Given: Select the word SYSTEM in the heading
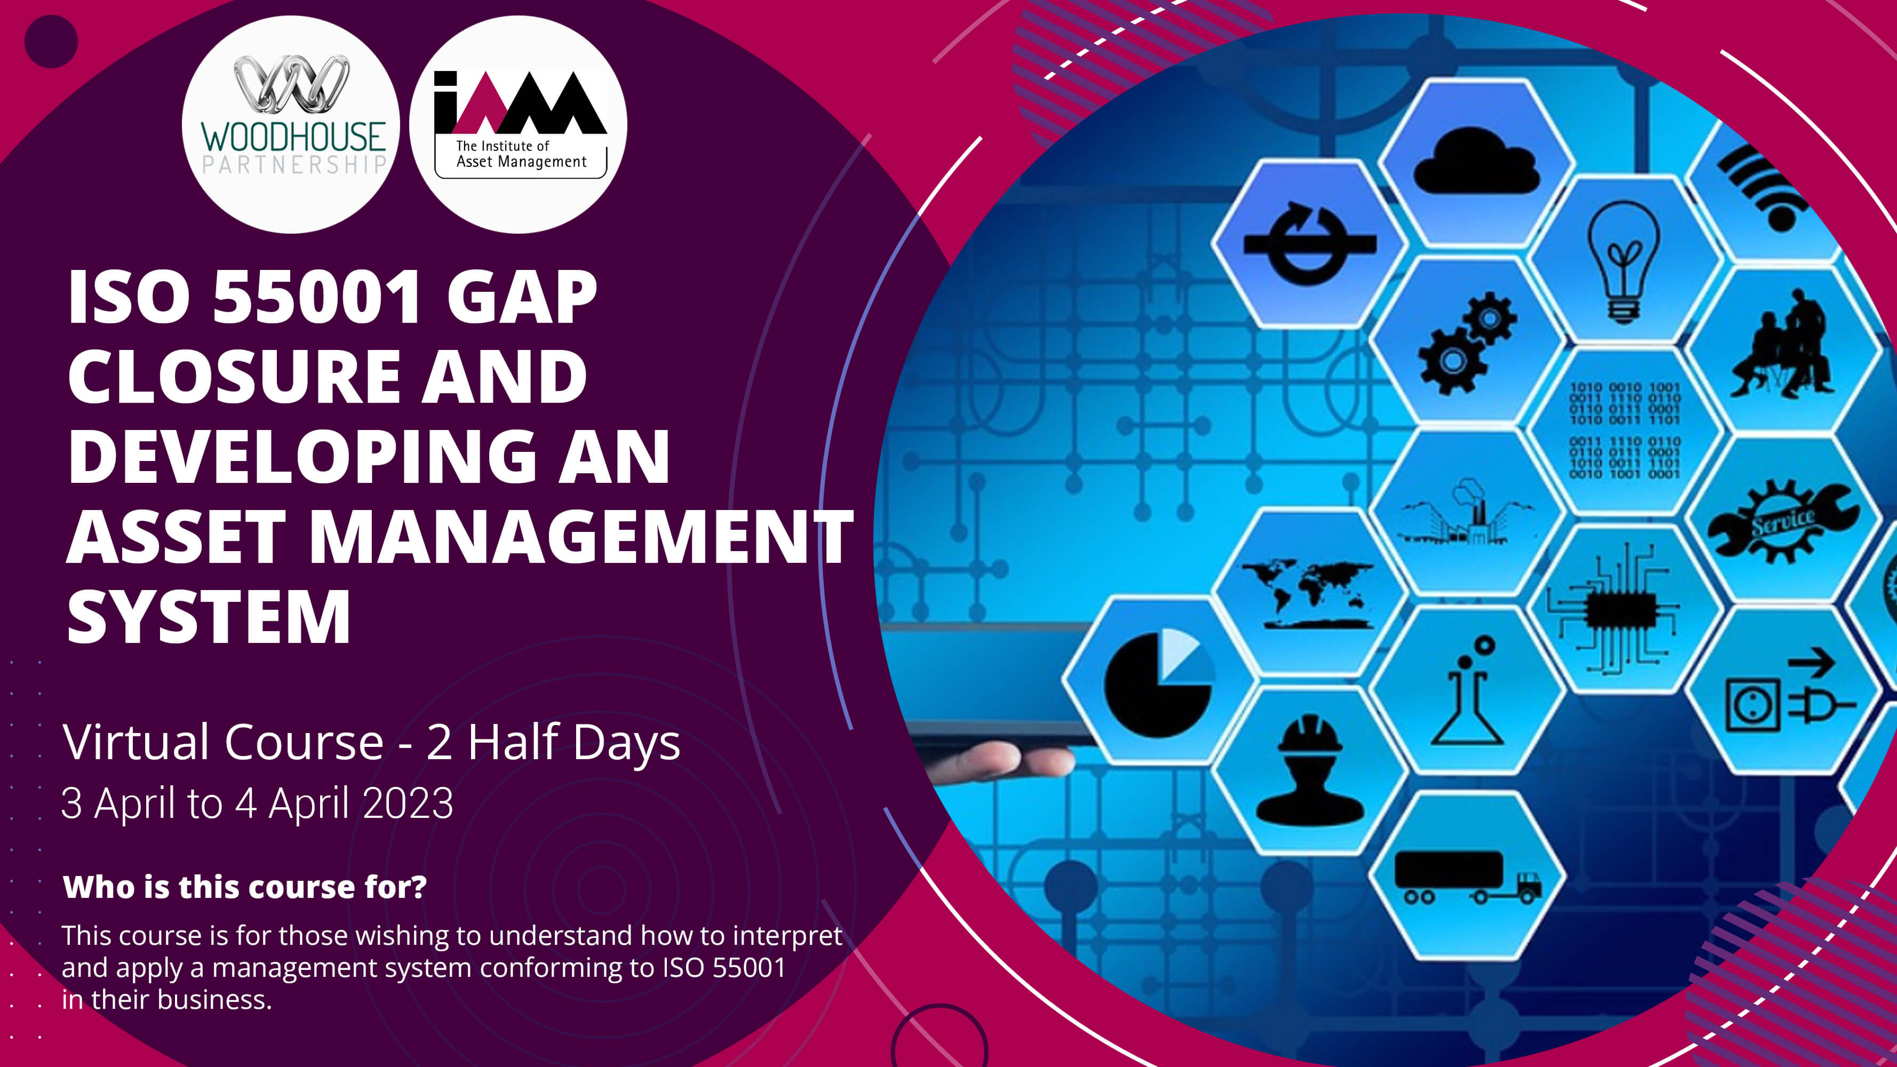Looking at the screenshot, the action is tap(209, 617).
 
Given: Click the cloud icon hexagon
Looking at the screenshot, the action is tap(1477, 161).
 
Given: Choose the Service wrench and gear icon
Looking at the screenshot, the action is tap(1783, 520).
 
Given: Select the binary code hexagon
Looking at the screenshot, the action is tap(1624, 430).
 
